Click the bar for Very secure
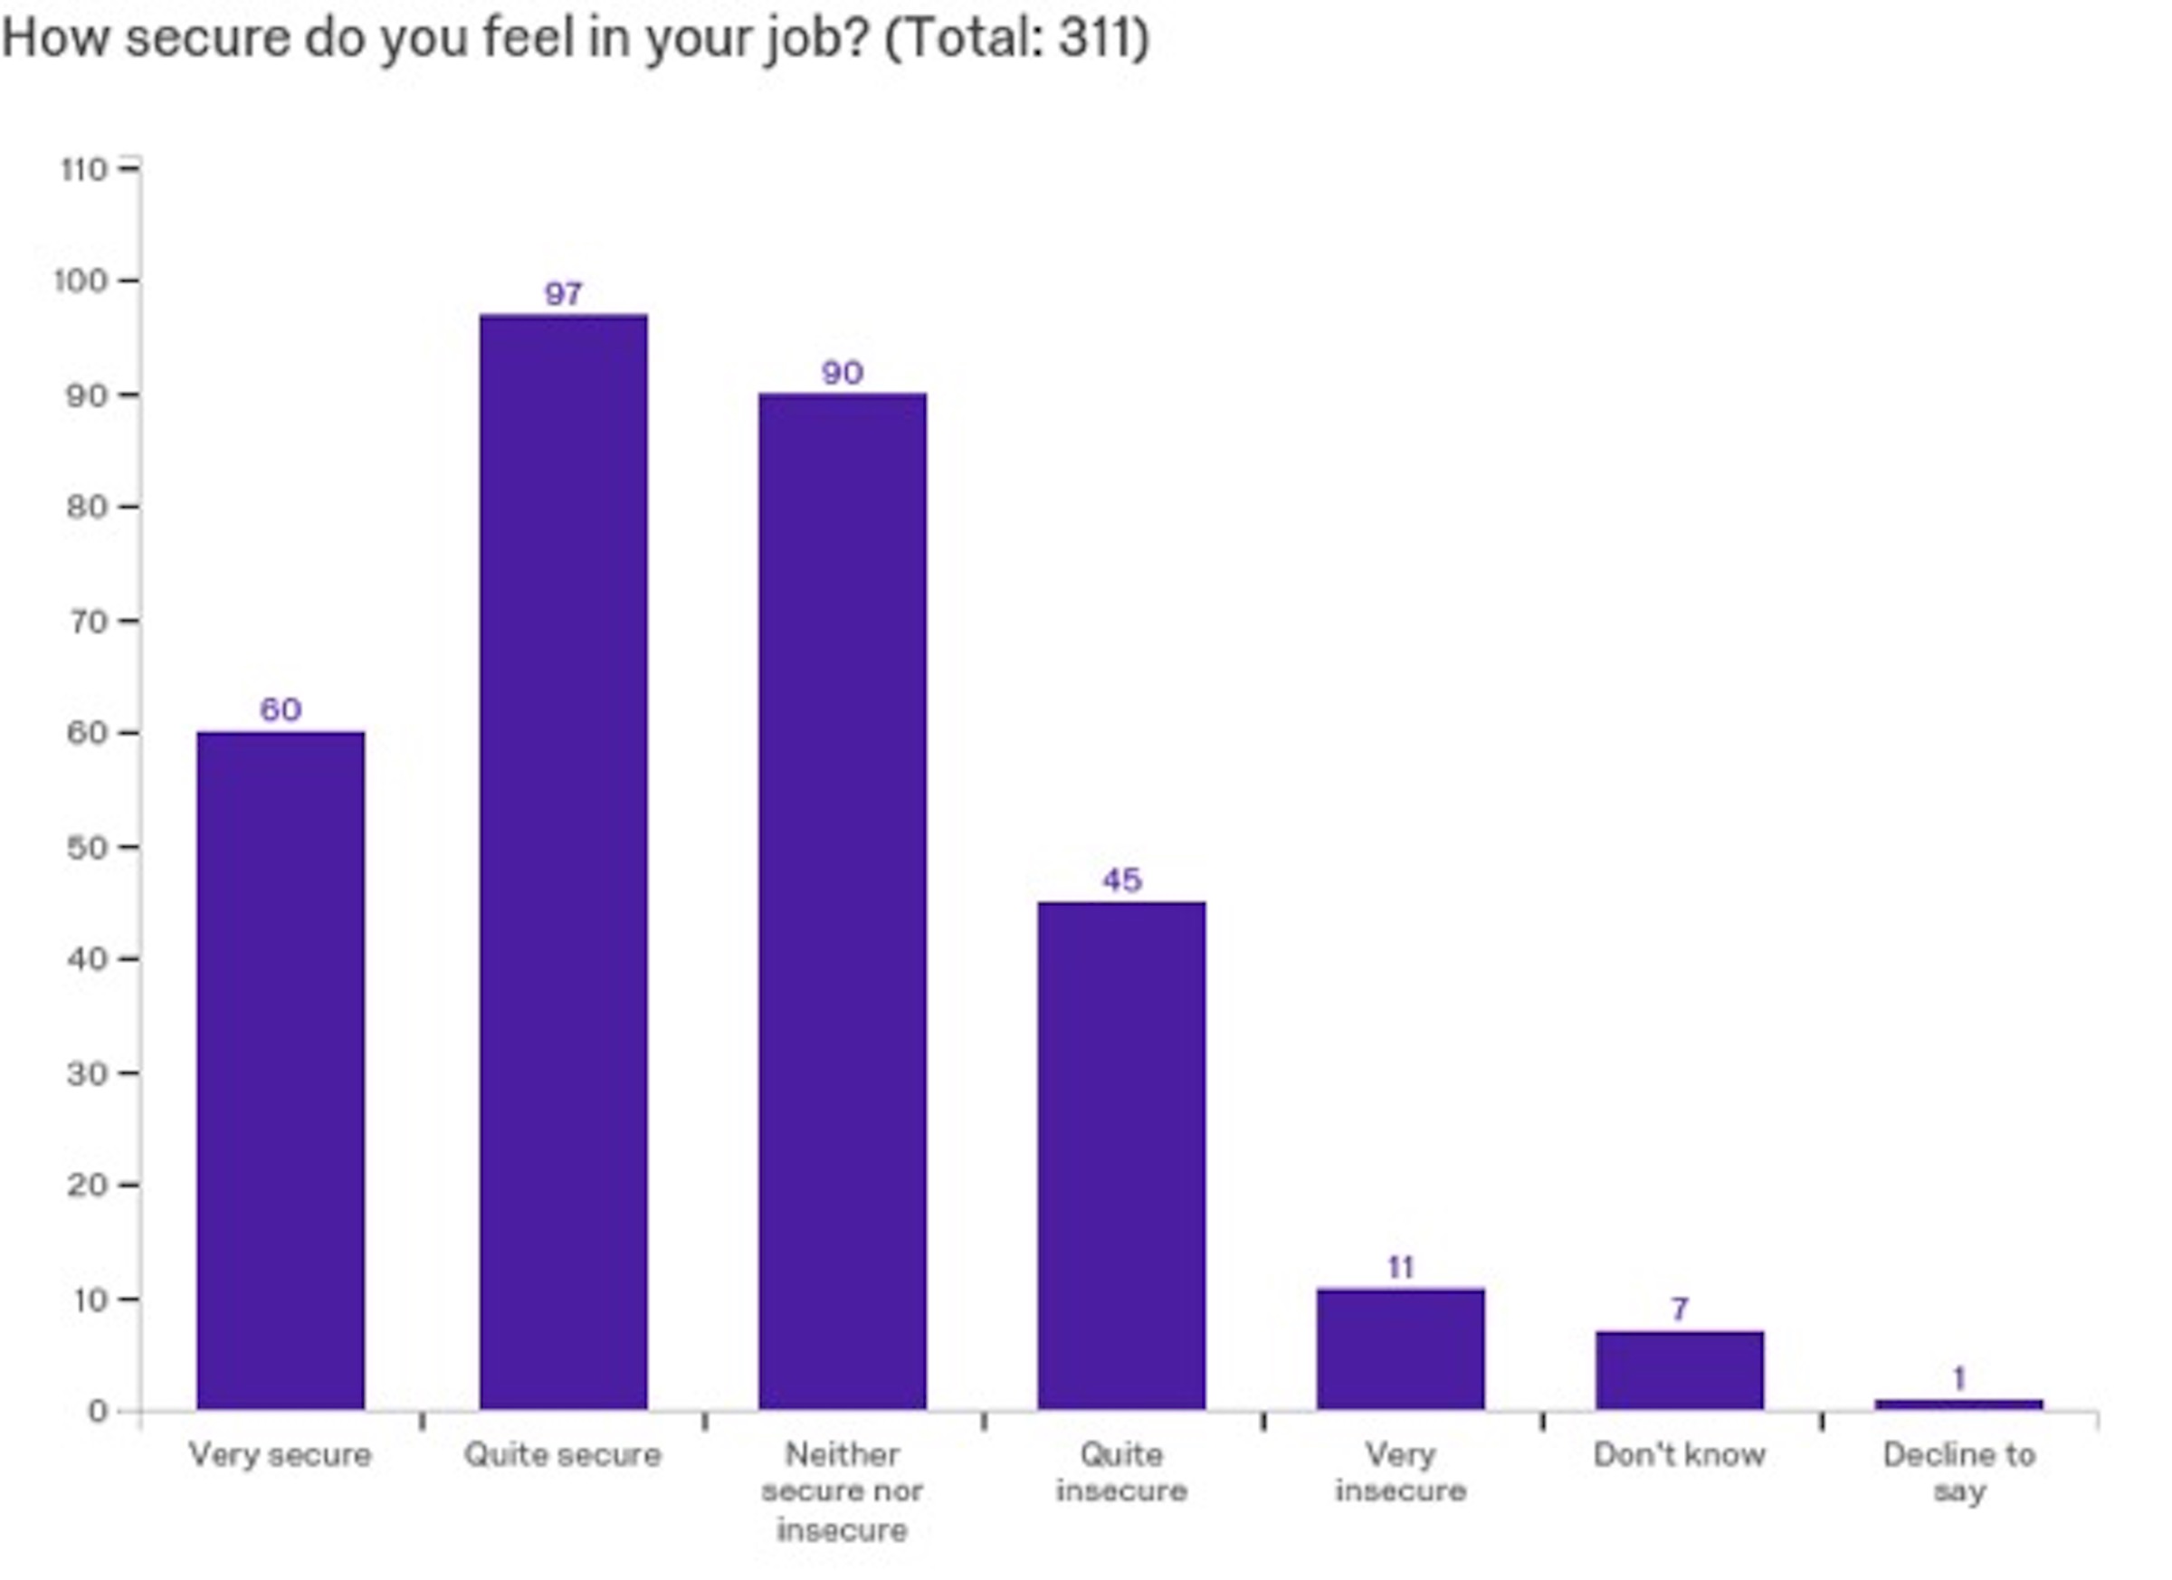tap(281, 1070)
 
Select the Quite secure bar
tap(563, 861)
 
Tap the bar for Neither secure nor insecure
tap(843, 900)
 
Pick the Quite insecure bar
tap(1121, 1155)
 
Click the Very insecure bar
tap(1400, 1348)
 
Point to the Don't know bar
tap(1679, 1369)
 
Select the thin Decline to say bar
tap(1958, 1404)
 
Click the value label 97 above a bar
tap(563, 294)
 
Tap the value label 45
tap(1121, 880)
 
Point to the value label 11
tap(1400, 1268)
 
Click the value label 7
tap(1679, 1309)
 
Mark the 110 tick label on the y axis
tap(83, 169)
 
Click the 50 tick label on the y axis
tap(86, 847)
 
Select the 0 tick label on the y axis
tap(97, 1412)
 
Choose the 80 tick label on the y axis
tap(86, 508)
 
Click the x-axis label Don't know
tap(1679, 1454)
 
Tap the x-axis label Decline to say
tap(1958, 1472)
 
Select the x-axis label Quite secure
tap(563, 1454)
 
